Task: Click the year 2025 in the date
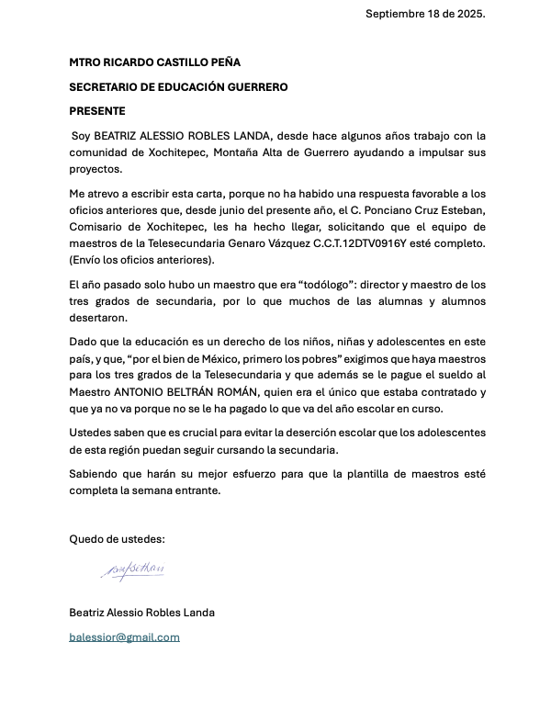point(467,14)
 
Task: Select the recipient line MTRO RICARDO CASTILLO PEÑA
point(154,62)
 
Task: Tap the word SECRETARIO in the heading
point(106,86)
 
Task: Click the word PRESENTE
point(97,110)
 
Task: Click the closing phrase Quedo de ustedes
point(118,539)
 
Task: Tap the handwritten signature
point(132,570)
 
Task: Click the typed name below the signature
point(142,613)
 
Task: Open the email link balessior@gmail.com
point(125,637)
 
